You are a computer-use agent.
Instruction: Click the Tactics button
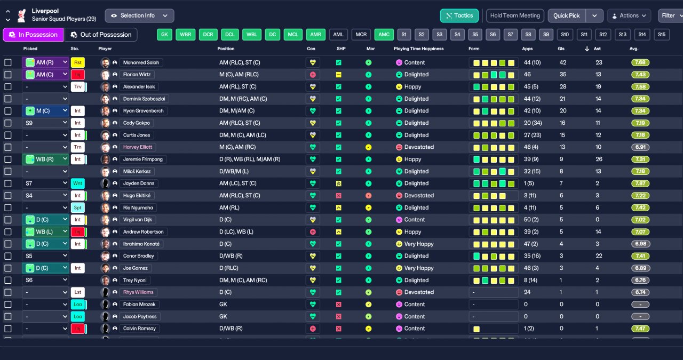[x=459, y=15]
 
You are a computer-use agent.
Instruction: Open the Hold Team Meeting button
[x=515, y=15]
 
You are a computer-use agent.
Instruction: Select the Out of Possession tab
[x=101, y=35]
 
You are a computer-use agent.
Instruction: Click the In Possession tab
[x=33, y=35]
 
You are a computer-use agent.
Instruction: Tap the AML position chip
[x=338, y=35]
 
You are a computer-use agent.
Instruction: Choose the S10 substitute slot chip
[x=565, y=35]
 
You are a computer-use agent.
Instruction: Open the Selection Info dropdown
[x=139, y=15]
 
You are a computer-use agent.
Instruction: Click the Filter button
[x=669, y=15]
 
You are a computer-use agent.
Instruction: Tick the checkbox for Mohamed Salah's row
[x=8, y=62]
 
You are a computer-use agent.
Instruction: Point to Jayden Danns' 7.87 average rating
[x=640, y=183]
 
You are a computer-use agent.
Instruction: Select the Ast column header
[x=598, y=49]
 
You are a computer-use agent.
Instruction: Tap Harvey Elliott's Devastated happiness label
[x=419, y=147]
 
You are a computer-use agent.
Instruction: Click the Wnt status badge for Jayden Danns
[x=78, y=183]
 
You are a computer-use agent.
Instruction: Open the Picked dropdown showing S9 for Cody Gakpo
[x=45, y=123]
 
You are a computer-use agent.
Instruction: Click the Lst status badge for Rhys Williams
[x=78, y=292]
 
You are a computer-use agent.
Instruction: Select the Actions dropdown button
[x=629, y=15]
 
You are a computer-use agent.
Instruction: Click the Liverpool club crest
[x=21, y=15]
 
